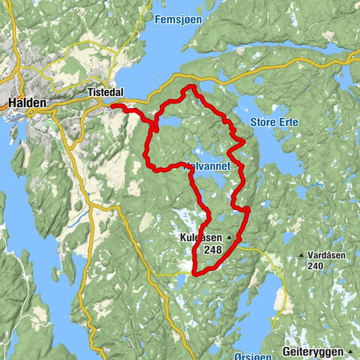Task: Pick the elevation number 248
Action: (212, 250)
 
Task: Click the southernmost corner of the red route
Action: (194, 274)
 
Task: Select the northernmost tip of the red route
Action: (189, 86)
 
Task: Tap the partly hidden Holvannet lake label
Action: (196, 167)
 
